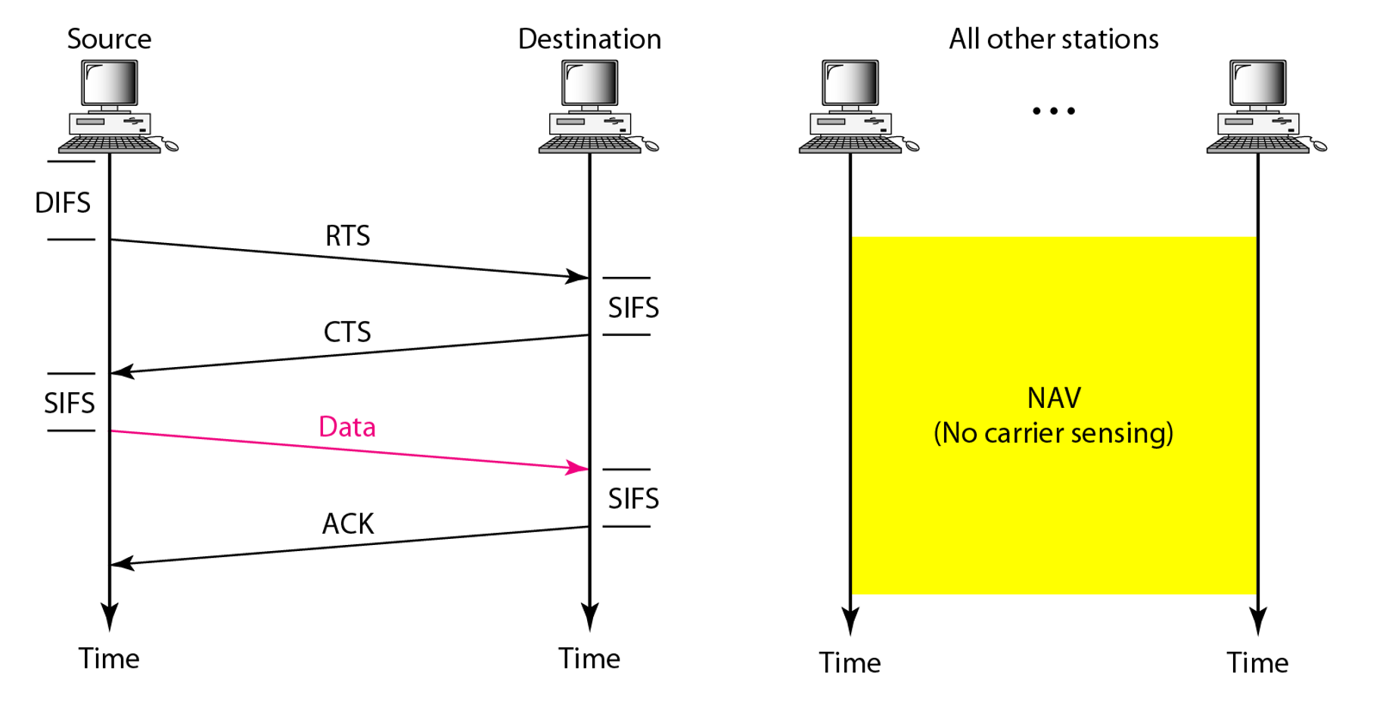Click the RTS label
coord(347,236)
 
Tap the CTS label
coord(347,332)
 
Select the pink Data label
coord(347,428)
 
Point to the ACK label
coord(348,524)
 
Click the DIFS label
coord(63,203)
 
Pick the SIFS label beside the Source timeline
coord(70,403)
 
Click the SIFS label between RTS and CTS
coord(633,308)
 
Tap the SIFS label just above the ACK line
coord(633,499)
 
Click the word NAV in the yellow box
coord(1054,398)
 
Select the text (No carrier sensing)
coord(1054,434)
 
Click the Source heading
coord(110,39)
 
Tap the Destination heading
coord(589,39)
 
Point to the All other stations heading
coord(1054,39)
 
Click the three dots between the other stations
coord(1054,111)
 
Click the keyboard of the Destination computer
coord(589,145)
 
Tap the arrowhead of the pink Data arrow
coord(579,468)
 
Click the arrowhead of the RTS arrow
coord(579,276)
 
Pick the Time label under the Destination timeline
coord(589,659)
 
